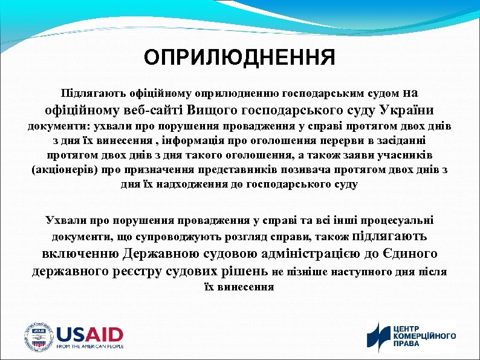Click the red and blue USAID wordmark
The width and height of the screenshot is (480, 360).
pos(90,334)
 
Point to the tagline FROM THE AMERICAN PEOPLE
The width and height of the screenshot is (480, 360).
pos(90,347)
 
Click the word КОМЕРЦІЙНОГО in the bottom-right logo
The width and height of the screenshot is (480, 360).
pos(425,336)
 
